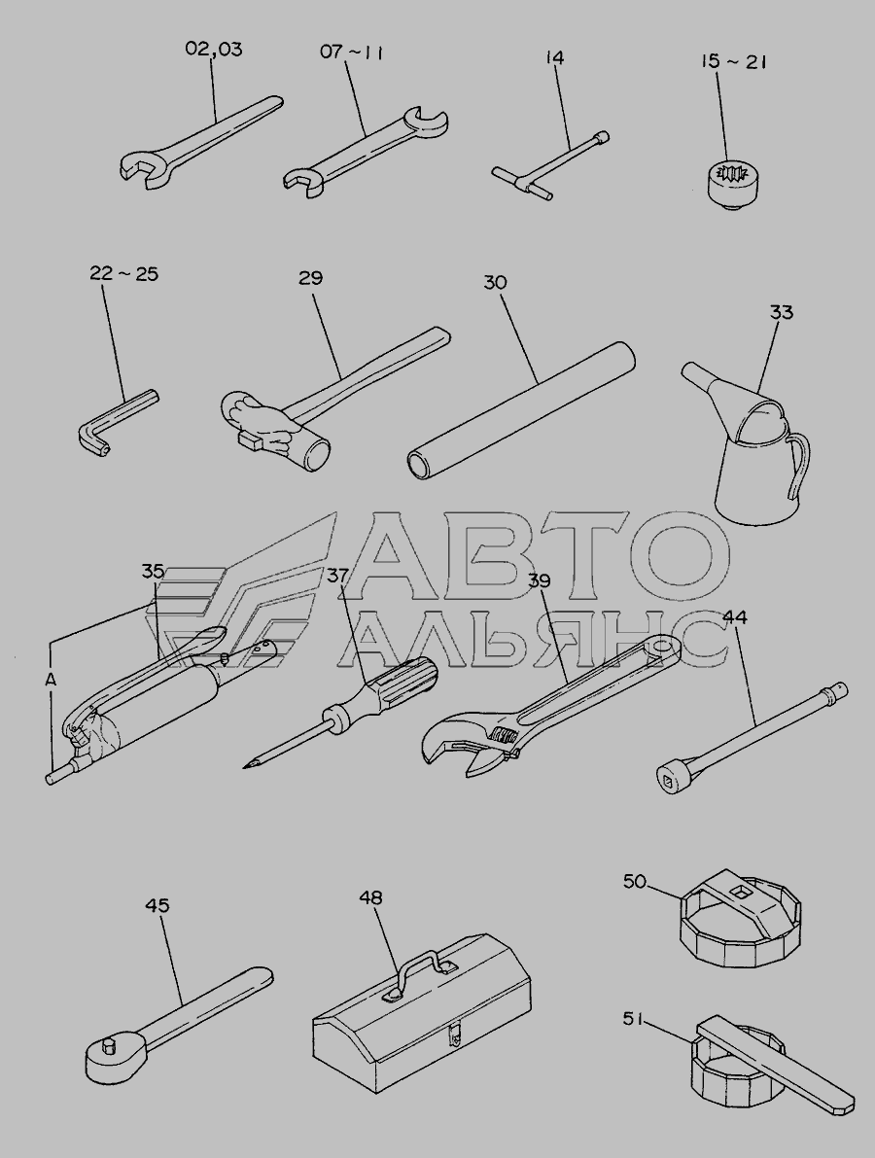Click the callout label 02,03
[213, 50]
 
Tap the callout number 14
[554, 57]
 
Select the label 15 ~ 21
[733, 61]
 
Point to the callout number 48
[370, 898]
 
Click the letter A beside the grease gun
[51, 681]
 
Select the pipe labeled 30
[521, 410]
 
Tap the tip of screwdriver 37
[245, 766]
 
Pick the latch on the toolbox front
[455, 1033]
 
